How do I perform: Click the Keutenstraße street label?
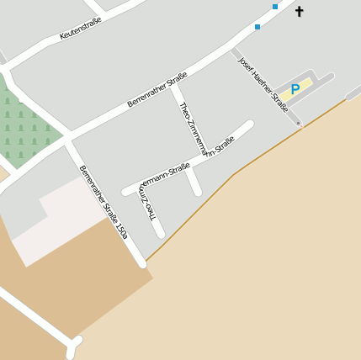pos(81,29)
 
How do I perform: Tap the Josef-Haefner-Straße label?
pos(263,84)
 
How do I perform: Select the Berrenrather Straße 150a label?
pos(104,202)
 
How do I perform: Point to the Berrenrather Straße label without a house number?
pos(157,91)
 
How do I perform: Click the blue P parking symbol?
pos(295,89)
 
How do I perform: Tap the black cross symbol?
pos(299,12)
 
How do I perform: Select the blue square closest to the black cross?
pos(275,7)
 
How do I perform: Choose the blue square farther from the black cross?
pos(257,27)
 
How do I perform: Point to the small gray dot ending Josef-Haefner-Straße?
pos(299,124)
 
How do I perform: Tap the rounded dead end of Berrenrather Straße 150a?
pos(142,264)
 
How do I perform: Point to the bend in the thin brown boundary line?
pos(235,173)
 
